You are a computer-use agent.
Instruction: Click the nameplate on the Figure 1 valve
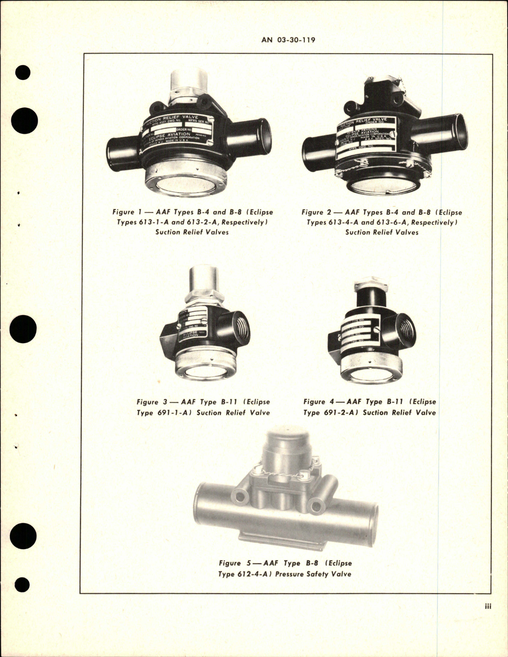pos(175,131)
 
